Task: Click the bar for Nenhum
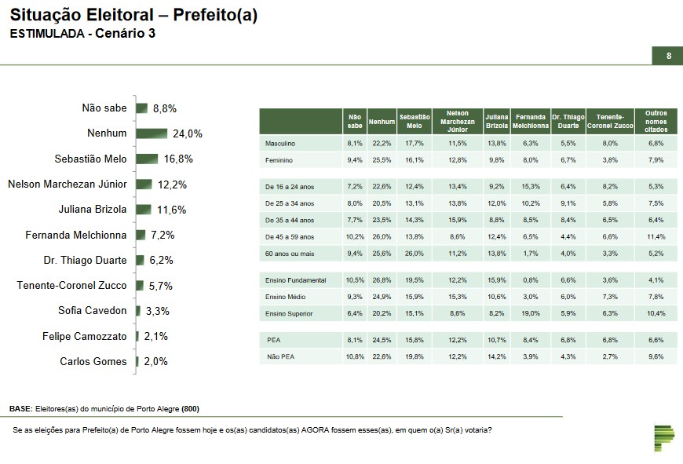coord(152,133)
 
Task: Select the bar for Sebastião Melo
coord(147,159)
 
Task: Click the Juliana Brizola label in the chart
coord(93,210)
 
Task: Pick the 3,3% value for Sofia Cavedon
coord(157,311)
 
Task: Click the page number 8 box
coord(668,56)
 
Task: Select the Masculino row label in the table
coord(282,144)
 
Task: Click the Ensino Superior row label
coord(289,313)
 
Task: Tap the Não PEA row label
coord(279,357)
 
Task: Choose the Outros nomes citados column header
coord(656,121)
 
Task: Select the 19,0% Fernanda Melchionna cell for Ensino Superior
coord(531,313)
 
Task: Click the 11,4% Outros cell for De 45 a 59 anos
coord(656,237)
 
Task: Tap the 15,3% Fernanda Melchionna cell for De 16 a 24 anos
coord(531,186)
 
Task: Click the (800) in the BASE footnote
coord(191,410)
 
